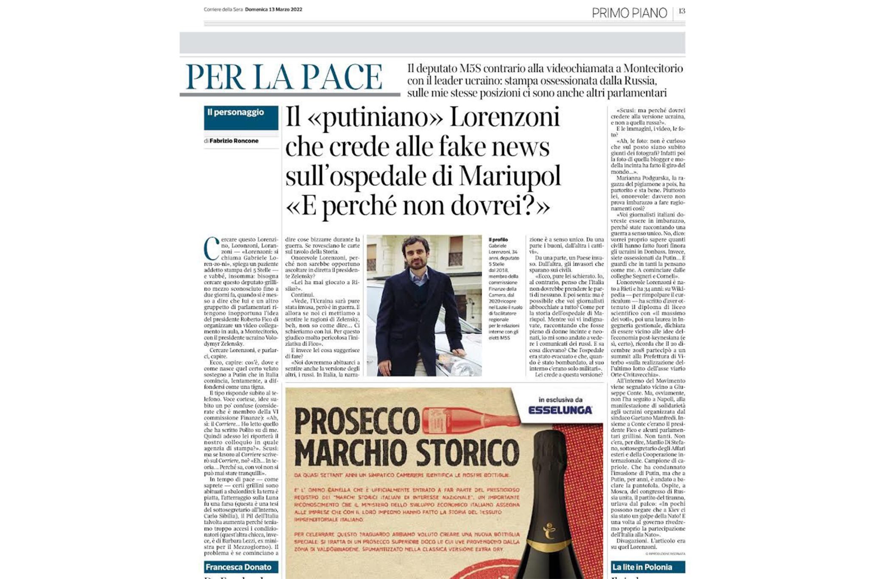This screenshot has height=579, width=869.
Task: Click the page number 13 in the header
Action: coord(681,11)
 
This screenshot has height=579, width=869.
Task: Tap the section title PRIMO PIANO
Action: coord(629,13)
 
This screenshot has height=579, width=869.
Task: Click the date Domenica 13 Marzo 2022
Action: coord(274,9)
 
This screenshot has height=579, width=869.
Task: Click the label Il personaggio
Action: coord(235,112)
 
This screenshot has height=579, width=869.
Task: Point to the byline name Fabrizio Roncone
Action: coord(234,141)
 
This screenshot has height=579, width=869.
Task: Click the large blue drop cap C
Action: coord(211,249)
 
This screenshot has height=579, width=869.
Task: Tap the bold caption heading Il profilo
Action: coord(498,240)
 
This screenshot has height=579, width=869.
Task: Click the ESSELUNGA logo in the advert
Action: coord(560,410)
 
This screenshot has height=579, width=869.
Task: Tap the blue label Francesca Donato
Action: coord(238,567)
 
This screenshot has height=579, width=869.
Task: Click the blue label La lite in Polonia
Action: coord(642,567)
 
